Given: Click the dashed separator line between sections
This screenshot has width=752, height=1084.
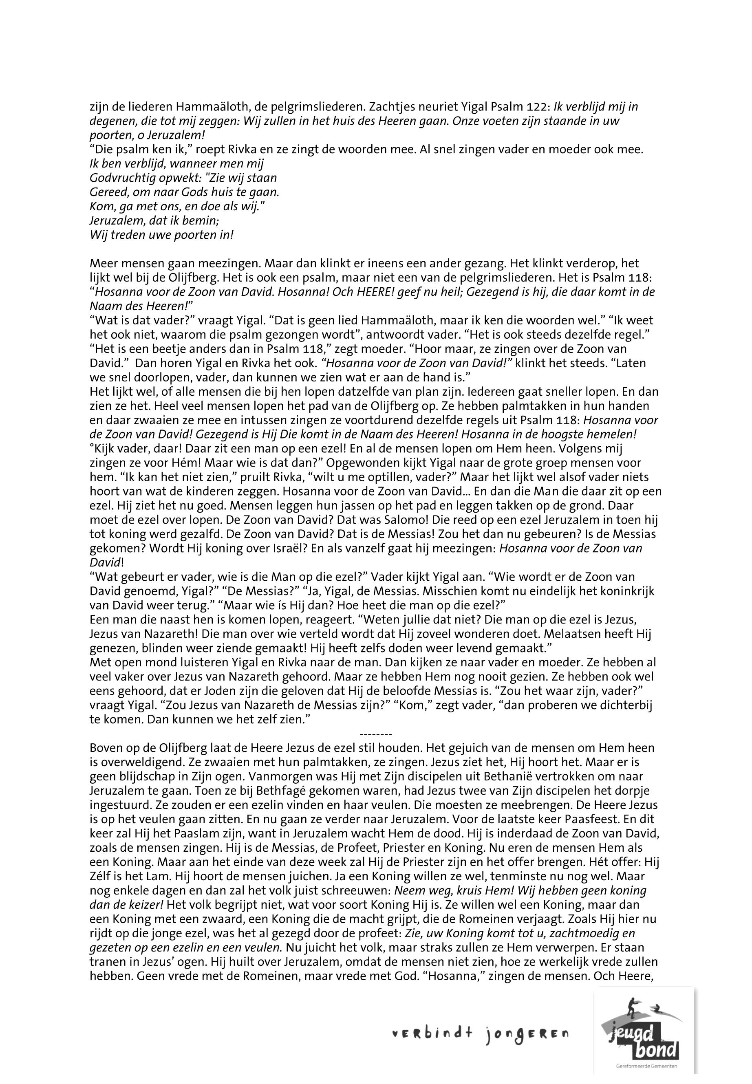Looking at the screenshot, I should (x=375, y=734).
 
